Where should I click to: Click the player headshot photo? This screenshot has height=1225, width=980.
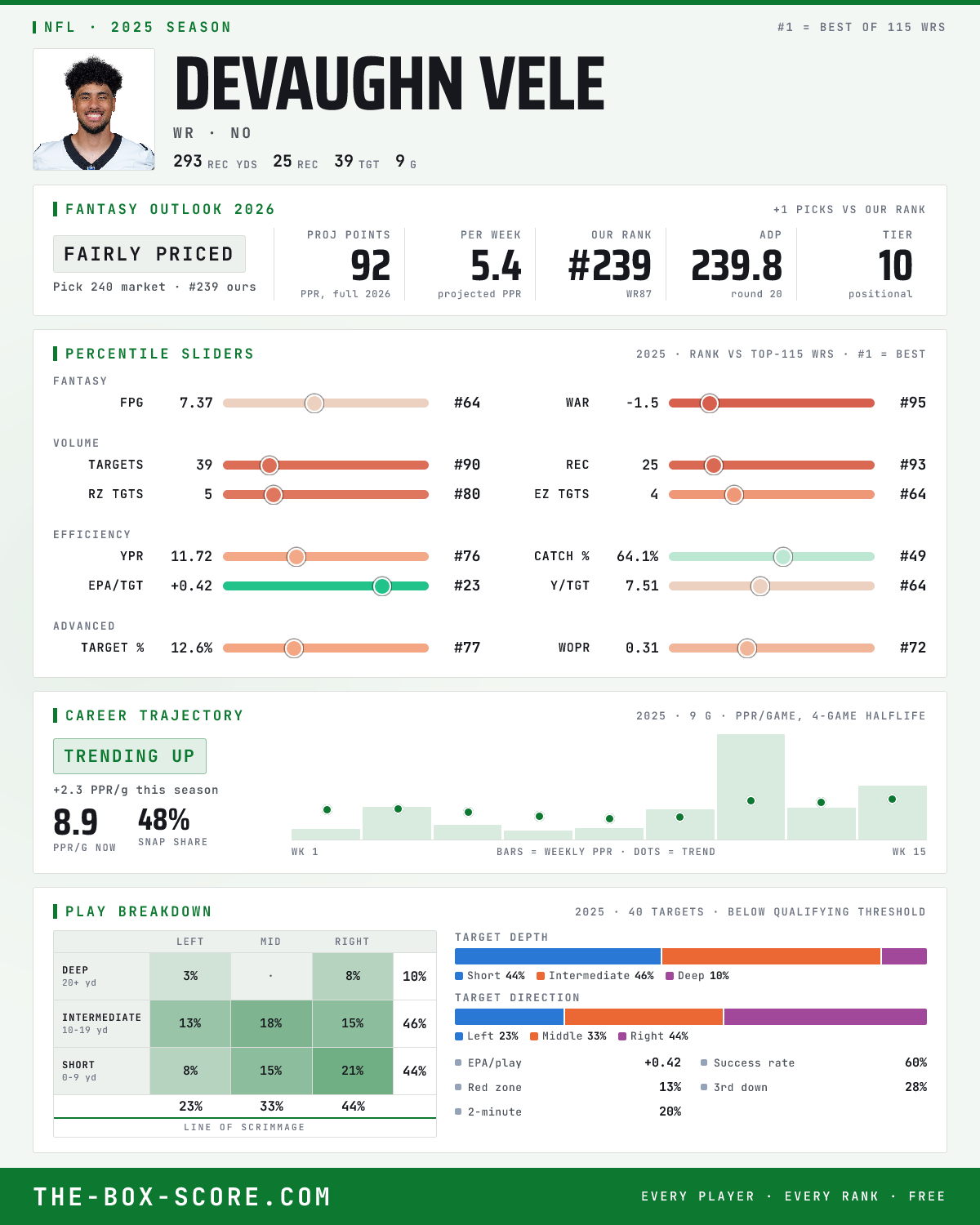[94, 109]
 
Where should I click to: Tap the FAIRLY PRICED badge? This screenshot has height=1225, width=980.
[149, 254]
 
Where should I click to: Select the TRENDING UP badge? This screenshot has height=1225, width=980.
[130, 756]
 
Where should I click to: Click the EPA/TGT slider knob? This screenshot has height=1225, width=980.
[382, 586]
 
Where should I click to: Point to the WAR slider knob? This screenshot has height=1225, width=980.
[710, 403]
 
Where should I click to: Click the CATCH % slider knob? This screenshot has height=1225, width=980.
[783, 556]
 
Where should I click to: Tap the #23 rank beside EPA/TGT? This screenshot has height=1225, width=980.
[467, 586]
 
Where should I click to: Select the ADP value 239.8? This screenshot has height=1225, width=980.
[737, 266]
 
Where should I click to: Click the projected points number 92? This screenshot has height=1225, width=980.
[371, 266]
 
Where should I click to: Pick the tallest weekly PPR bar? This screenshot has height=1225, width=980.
[751, 786]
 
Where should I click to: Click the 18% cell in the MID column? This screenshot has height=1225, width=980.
[271, 1023]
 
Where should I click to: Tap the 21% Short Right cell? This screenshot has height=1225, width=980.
[353, 1071]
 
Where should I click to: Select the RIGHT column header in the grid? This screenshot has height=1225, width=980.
[352, 942]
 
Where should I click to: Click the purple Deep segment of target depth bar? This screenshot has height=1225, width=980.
[904, 956]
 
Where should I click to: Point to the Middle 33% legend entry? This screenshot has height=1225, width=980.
[568, 1036]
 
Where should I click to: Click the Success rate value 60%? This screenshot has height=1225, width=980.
[915, 1062]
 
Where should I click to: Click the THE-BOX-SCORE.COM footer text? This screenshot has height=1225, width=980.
[182, 1196]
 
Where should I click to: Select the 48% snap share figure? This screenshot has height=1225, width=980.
[164, 820]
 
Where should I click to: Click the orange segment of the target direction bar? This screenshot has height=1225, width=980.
[644, 1017]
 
